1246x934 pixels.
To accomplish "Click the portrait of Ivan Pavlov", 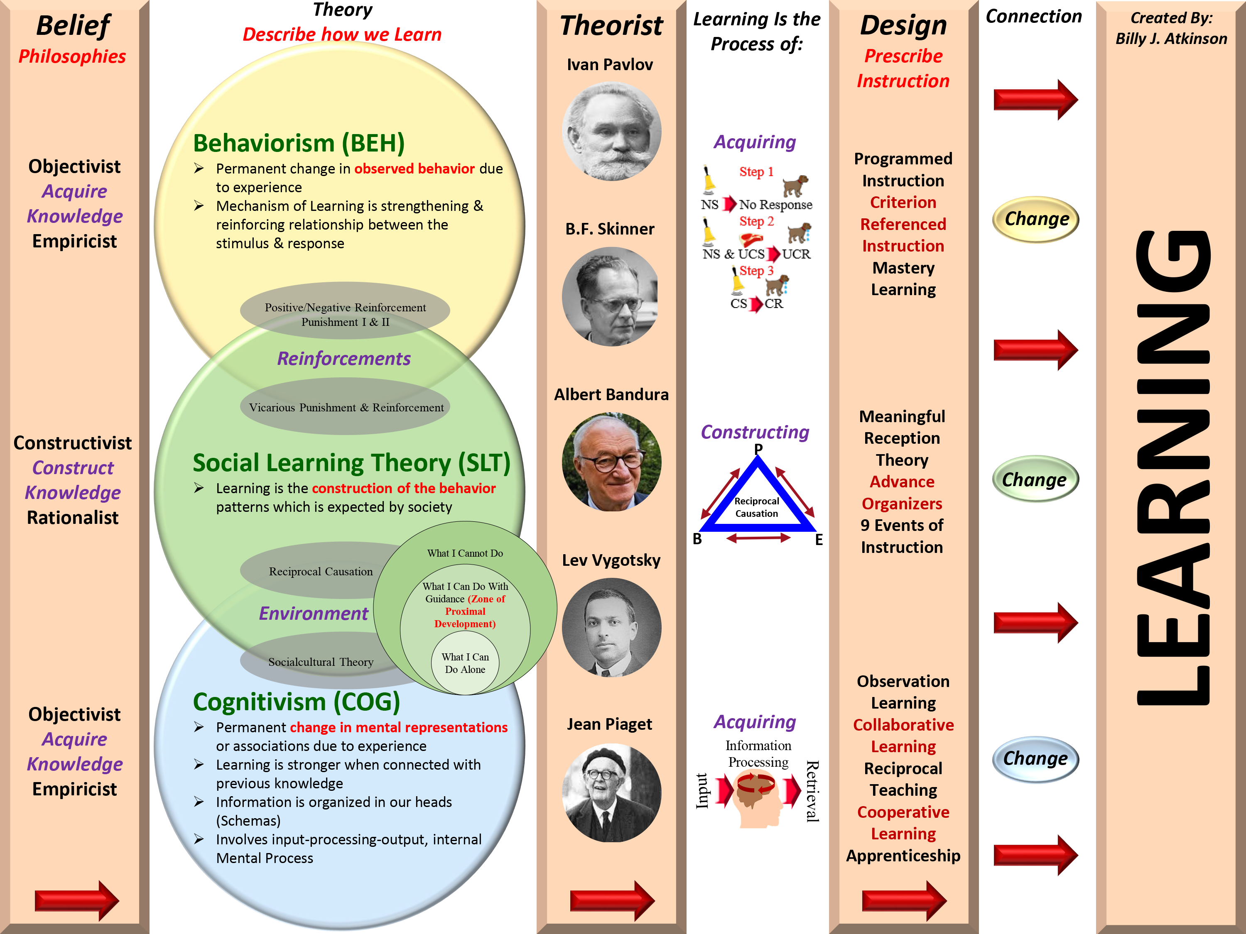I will pyautogui.click(x=611, y=132).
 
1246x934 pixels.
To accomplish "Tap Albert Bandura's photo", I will pyautogui.click(x=611, y=462).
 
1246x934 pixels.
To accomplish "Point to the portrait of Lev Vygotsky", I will pyautogui.click(x=611, y=627).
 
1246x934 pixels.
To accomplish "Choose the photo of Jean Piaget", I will pyautogui.click(x=611, y=793).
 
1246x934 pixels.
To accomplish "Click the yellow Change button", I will pyautogui.click(x=1035, y=219).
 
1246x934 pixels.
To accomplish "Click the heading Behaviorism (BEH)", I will pyautogui.click(x=299, y=143).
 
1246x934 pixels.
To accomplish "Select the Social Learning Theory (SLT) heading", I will pyautogui.click(x=351, y=463).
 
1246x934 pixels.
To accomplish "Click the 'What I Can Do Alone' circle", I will pyautogui.click(x=465, y=663).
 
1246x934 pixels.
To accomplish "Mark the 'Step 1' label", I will pyautogui.click(x=756, y=172).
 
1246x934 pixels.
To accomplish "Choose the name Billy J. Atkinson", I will pyautogui.click(x=1171, y=39).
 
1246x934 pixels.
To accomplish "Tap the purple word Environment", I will pyautogui.click(x=313, y=613).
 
